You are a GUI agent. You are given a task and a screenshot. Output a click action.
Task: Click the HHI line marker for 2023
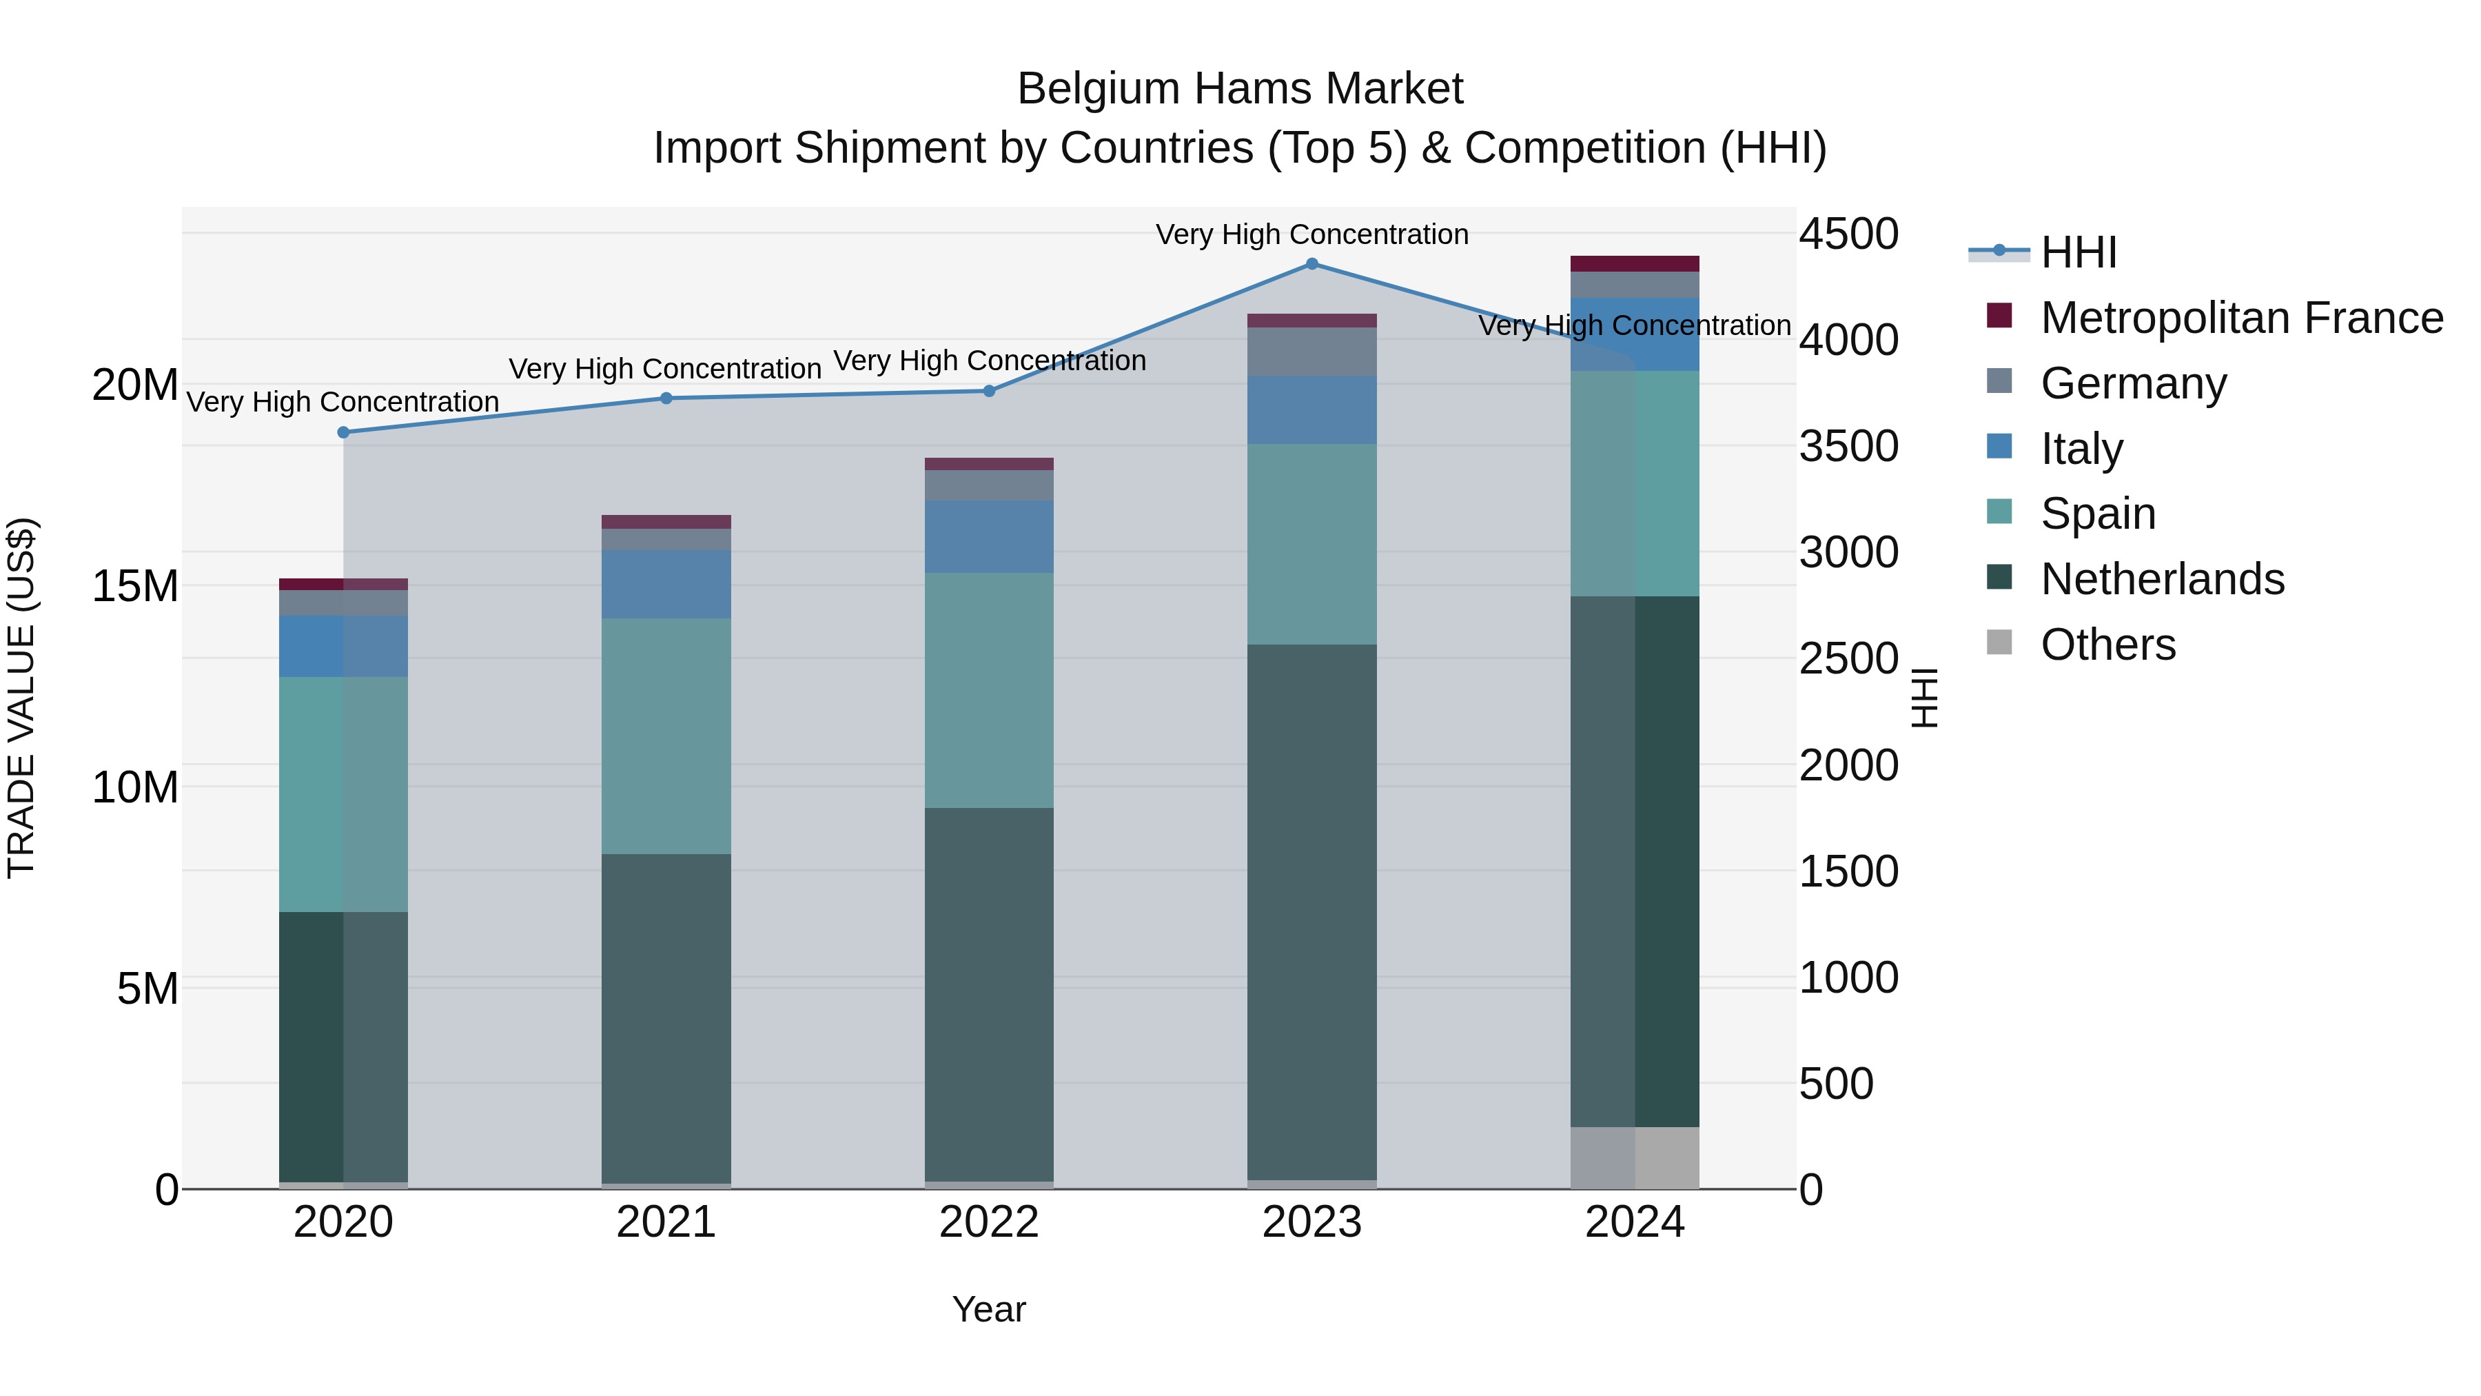pos(1311,264)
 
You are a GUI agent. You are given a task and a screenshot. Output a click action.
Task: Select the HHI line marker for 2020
pos(344,432)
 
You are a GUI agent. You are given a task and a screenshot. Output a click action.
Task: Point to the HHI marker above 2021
pos(666,398)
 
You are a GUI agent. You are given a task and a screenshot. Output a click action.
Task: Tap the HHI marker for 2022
pos(989,391)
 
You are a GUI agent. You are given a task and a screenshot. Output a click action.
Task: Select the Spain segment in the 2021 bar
pos(666,736)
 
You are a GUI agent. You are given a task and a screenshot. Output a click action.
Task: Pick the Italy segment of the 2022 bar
pos(989,536)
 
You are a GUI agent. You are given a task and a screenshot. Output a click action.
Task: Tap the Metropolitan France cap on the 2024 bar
pos(1635,264)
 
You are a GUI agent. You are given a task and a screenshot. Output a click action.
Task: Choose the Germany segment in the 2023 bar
pos(1311,352)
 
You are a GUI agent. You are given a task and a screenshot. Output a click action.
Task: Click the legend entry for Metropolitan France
pos(2240,318)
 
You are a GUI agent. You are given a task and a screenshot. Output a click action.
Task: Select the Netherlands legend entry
pos(2161,579)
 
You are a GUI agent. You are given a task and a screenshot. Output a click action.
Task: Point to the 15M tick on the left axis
pos(135,586)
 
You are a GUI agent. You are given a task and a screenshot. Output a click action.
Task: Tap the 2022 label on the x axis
pos(989,1222)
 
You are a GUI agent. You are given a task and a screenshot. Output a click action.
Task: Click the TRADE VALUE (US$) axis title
pos(21,698)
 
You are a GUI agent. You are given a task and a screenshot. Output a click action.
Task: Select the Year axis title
pos(989,1309)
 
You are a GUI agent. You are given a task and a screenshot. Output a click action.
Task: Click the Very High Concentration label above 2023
pos(1311,234)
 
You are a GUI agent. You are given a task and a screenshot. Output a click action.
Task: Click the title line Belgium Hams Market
pos(1240,89)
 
